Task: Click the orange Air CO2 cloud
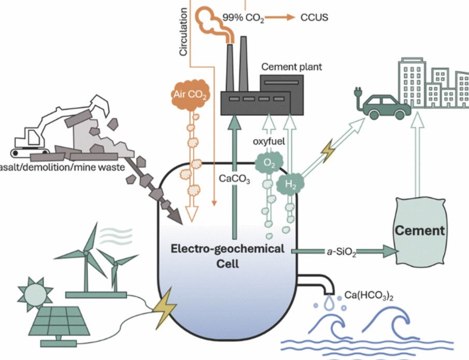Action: point(190,94)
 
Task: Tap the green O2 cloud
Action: point(269,163)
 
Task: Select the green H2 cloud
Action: point(290,184)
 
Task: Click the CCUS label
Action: point(314,17)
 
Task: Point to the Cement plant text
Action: point(292,66)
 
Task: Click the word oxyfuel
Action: point(269,141)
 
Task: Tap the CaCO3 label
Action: point(234,179)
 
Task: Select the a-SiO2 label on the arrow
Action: point(342,253)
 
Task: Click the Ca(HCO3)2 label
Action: point(369,296)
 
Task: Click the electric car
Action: point(387,107)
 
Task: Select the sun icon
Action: point(35,293)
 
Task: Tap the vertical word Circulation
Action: point(183,32)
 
